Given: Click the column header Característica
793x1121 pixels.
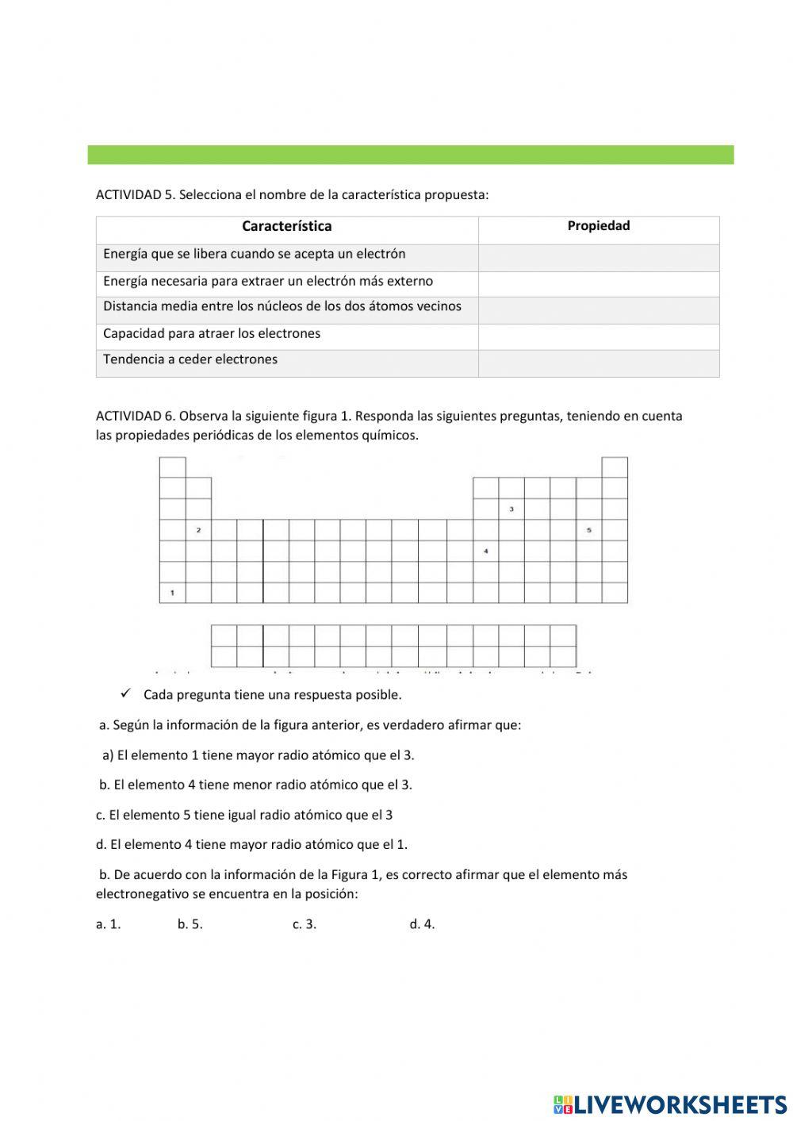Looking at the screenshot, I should point(286,227).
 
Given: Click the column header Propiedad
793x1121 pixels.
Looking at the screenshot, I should point(598,226).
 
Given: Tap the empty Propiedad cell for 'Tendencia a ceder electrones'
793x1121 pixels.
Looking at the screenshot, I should point(598,363).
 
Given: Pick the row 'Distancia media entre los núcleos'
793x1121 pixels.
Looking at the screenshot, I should point(282,307).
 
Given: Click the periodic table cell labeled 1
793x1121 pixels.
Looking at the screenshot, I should point(172,593).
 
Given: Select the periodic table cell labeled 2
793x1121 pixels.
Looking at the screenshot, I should point(198,530).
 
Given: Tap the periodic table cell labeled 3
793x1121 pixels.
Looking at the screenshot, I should point(511,509).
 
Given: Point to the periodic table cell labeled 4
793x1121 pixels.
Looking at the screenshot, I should point(485,551).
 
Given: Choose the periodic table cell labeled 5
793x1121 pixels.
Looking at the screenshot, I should point(588,530).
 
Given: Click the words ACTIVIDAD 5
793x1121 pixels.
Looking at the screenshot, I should point(135,195).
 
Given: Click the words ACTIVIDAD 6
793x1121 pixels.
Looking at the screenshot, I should point(135,417).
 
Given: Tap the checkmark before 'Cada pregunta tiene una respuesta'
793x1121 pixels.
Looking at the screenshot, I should point(126,694).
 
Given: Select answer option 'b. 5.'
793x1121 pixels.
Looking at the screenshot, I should point(190,924).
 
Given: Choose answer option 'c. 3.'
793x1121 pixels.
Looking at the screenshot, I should point(304,924).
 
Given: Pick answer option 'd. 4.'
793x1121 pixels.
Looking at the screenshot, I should point(422,924).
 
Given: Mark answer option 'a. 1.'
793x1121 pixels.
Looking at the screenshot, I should point(108,924).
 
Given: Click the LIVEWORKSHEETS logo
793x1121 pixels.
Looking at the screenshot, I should point(670,1104).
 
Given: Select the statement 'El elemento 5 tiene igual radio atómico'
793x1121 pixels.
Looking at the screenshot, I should point(244,815).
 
